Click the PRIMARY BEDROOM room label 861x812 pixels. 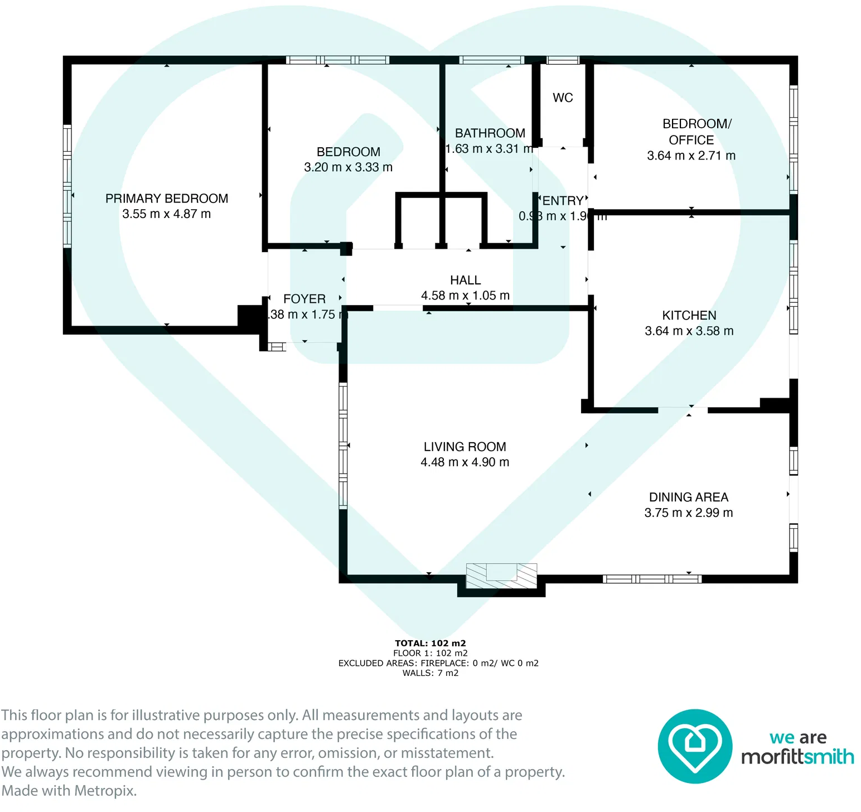pyautogui.click(x=166, y=199)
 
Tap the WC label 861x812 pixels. pyautogui.click(x=563, y=98)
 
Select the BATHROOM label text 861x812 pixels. pyautogui.click(x=490, y=133)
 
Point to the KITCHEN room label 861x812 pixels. pyautogui.click(x=689, y=316)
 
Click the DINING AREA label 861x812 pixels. pyautogui.click(x=689, y=497)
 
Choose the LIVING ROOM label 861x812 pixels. pyautogui.click(x=465, y=447)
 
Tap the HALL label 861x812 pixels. pyautogui.click(x=465, y=281)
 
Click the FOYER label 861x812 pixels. pyautogui.click(x=304, y=299)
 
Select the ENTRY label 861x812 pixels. pyautogui.click(x=563, y=201)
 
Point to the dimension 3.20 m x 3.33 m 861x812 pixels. pyautogui.click(x=348, y=167)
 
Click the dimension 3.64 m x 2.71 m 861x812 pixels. pyautogui.click(x=691, y=156)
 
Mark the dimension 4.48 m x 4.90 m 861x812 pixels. pyautogui.click(x=465, y=462)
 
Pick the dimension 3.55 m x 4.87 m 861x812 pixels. pyautogui.click(x=166, y=214)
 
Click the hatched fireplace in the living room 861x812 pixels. pyautogui.click(x=501, y=576)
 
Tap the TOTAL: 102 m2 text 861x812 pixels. pyautogui.click(x=430, y=643)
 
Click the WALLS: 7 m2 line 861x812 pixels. pyautogui.click(x=430, y=673)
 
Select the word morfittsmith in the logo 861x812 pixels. pyautogui.click(x=797, y=757)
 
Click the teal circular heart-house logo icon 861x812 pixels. pyautogui.click(x=695, y=746)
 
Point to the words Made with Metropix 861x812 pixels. pyautogui.click(x=69, y=791)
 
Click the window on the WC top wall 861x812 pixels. pyautogui.click(x=563, y=60)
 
